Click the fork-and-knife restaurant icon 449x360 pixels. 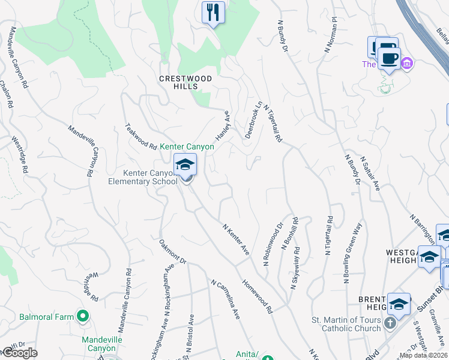[213, 13]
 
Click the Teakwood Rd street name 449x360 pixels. [140, 135]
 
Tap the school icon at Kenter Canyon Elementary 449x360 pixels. [185, 164]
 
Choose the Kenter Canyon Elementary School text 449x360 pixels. [149, 177]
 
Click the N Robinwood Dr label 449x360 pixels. [273, 245]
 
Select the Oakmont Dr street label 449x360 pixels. [173, 252]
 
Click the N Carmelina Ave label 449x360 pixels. [225, 298]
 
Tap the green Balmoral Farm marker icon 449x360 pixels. [82, 316]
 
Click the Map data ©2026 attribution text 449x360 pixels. [423, 355]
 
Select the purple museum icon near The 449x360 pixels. [408, 62]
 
